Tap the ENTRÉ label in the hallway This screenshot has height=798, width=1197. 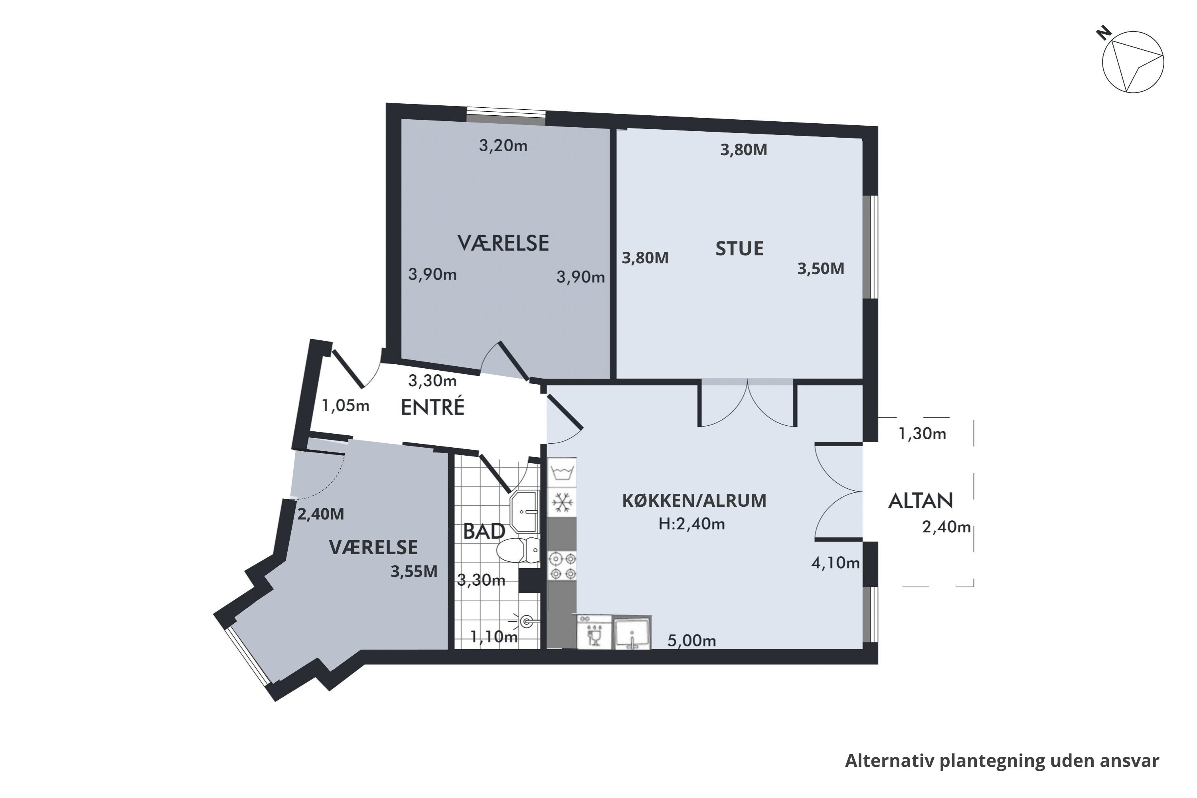coord(433,407)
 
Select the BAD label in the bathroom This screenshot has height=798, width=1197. coord(484,531)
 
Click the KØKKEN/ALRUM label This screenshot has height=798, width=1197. coord(694,501)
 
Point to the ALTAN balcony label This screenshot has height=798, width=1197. coord(920,501)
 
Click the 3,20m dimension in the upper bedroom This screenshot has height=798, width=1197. coord(503,146)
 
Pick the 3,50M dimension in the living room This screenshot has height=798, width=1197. coord(820,268)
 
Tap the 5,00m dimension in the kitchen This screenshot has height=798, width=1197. coord(691,641)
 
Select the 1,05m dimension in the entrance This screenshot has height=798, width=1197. coord(346,406)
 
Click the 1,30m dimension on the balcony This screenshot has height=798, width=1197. coord(922,434)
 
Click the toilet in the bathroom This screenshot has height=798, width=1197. coord(518,550)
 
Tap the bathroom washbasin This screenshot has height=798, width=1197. coord(523,511)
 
